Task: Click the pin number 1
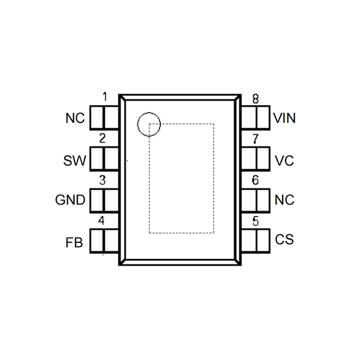coord(105,97)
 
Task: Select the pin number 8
coord(256,98)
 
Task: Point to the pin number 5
coord(256,221)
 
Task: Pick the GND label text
coord(70,200)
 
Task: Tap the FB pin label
coord(74,244)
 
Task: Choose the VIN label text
coord(284,118)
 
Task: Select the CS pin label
coord(284,240)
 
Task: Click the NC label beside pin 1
coord(75,118)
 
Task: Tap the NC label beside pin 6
coord(284,200)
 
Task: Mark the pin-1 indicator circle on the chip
coord(149,124)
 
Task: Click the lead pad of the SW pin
coord(104,158)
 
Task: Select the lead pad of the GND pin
coord(104,200)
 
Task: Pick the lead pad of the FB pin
coord(104,241)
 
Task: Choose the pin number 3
coord(103,180)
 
